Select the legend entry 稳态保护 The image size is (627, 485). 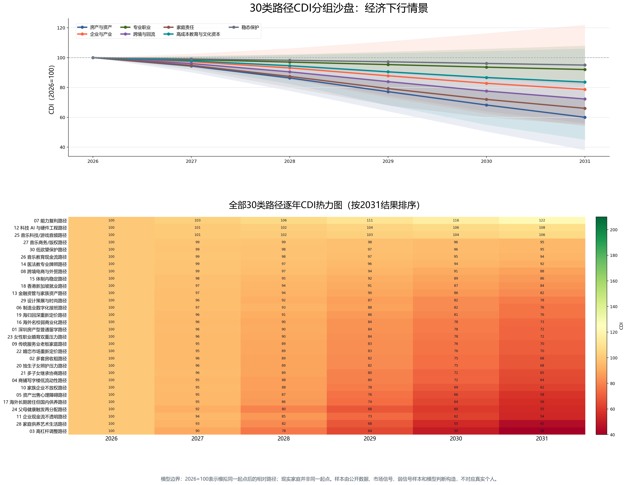pos(244,27)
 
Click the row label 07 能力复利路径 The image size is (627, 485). pos(50,221)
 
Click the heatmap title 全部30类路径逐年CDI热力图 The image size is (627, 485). pos(286,205)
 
